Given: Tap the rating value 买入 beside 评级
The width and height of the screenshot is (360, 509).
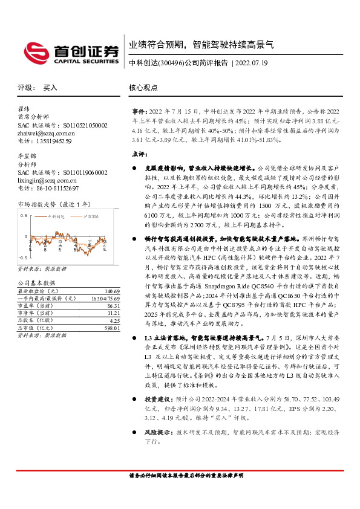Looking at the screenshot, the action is click(x=50, y=88).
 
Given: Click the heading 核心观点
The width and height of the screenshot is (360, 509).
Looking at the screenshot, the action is click(x=143, y=88).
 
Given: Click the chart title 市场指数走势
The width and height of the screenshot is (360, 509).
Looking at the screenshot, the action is click(x=35, y=204).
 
